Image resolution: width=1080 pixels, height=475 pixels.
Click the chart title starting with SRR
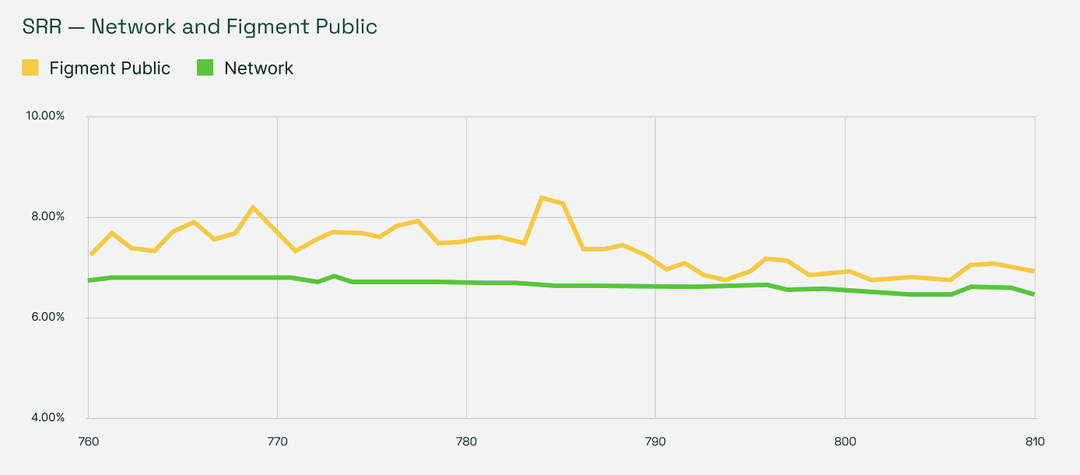point(200,27)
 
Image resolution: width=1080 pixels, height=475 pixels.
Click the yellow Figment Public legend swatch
point(30,68)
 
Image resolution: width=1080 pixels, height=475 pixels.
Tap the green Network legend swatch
point(205,68)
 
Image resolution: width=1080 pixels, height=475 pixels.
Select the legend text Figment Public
point(110,69)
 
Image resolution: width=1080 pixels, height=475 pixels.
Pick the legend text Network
point(258,69)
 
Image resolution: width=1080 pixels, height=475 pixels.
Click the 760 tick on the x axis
point(88,442)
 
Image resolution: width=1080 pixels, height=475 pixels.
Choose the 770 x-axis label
point(277,442)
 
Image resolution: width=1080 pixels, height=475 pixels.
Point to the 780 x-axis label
point(466,442)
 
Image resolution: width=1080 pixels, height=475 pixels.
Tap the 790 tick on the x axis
point(655,442)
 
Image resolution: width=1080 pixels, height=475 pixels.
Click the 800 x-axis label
point(845,442)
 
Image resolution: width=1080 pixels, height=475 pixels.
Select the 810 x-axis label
point(1034,442)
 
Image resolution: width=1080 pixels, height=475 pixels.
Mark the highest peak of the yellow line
point(541,198)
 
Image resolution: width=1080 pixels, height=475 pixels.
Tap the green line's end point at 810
point(1033,294)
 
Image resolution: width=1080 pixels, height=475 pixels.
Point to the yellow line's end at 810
point(1033,271)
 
